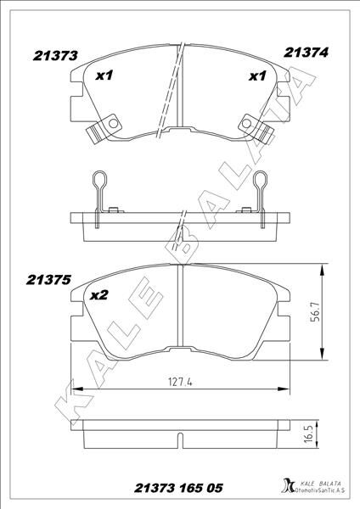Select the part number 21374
coord(306,52)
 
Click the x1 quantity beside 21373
coord(104,76)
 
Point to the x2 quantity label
coord(98,295)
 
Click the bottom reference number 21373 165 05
coord(179,489)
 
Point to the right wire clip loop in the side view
coord(261,180)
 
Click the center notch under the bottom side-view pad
coord(178,439)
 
